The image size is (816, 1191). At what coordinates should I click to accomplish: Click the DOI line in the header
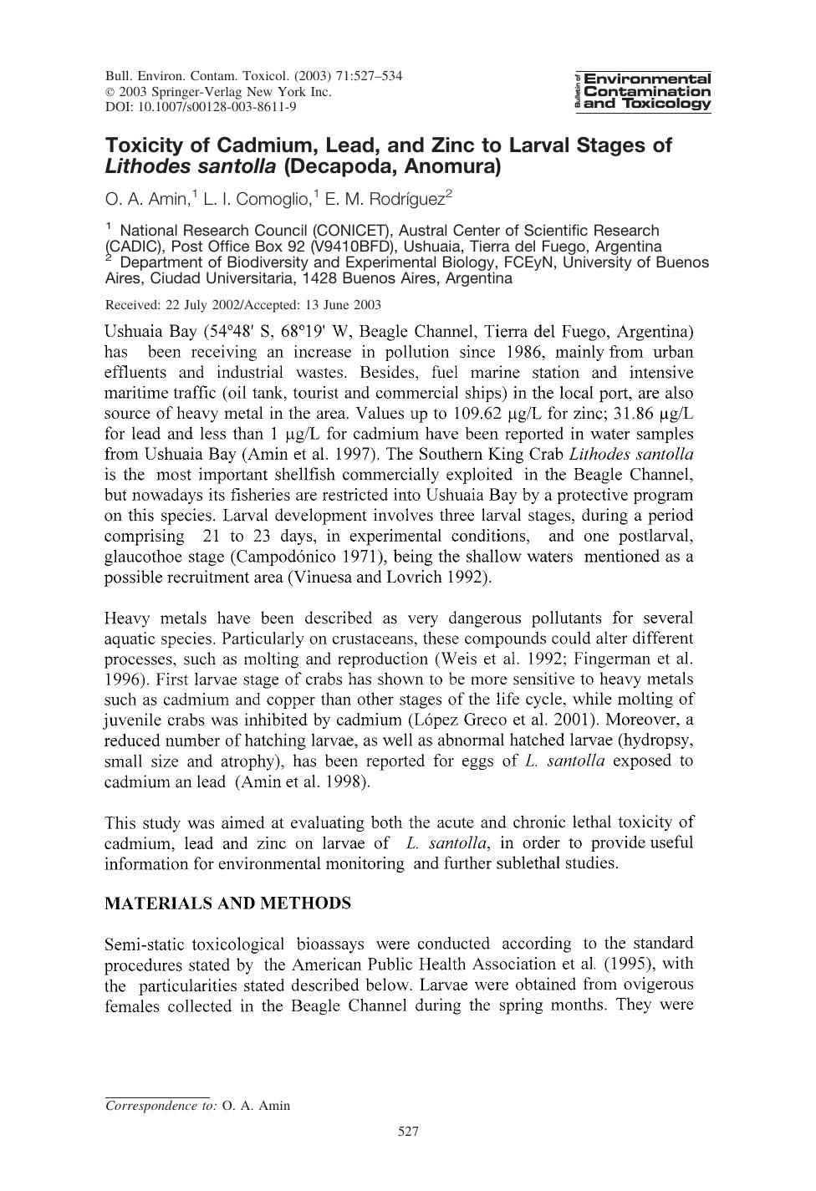[201, 107]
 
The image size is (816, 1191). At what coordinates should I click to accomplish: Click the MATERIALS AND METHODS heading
[227, 903]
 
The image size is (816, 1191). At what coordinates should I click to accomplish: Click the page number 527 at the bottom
[408, 1132]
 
